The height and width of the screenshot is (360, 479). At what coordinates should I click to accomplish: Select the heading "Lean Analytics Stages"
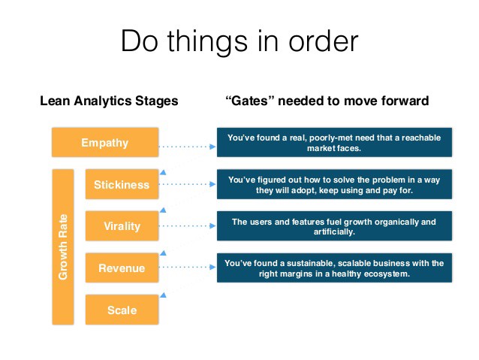(109, 101)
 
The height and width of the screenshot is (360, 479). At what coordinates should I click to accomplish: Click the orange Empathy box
(105, 141)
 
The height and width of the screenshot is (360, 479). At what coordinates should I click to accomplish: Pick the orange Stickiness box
(122, 184)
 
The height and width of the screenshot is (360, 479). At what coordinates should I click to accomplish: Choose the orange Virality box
(122, 225)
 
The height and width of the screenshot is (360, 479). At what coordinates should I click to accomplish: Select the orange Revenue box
(122, 268)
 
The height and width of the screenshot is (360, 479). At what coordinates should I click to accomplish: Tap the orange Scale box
(122, 309)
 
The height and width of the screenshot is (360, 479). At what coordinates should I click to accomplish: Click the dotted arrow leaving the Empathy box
(188, 142)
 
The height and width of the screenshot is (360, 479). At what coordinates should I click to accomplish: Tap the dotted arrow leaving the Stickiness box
(188, 184)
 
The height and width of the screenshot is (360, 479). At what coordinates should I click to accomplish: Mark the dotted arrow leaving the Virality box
(188, 225)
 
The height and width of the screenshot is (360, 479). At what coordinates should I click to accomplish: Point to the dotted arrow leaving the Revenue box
(188, 268)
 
